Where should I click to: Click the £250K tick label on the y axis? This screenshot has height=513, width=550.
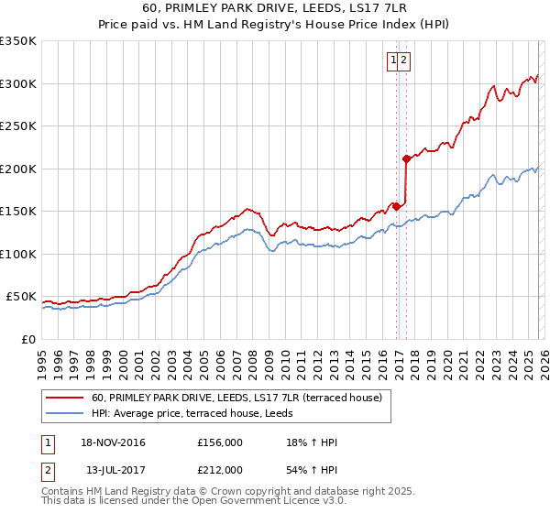18,126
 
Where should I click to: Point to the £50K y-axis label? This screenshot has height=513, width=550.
21,297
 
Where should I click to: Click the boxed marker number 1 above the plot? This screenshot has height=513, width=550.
393,61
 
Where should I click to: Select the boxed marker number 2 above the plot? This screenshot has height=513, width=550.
403,61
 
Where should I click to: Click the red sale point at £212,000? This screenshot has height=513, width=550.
406,158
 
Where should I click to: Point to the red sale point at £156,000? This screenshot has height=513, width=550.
396,206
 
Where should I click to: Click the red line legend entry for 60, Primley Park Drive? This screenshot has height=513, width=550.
242,398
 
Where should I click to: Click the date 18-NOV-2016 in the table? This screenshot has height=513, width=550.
113,443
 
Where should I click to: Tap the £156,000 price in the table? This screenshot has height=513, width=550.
220,443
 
